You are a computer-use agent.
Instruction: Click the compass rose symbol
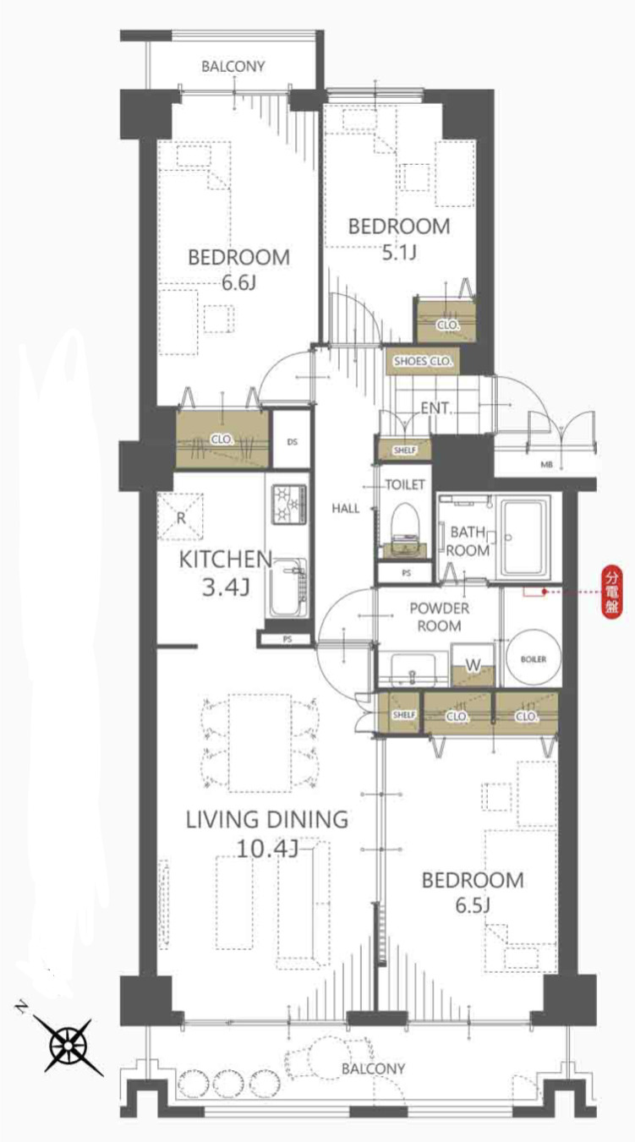click(68, 1045)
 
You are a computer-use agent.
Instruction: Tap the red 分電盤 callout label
click(611, 592)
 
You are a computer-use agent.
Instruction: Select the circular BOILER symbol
click(534, 658)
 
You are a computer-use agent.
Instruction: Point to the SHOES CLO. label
click(423, 361)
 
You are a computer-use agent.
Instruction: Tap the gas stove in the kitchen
click(290, 504)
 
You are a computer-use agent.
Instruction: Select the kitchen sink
click(287, 588)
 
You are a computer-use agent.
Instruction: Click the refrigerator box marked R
click(181, 517)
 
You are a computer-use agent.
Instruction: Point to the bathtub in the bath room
click(525, 538)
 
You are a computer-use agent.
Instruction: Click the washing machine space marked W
click(474, 664)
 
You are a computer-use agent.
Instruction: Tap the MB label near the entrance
click(546, 465)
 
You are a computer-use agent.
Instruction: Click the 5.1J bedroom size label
click(399, 253)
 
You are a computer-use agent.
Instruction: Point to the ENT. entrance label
click(436, 407)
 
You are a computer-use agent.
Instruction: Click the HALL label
click(346, 508)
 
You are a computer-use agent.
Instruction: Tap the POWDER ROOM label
click(440, 617)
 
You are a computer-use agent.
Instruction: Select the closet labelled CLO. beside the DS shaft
click(222, 439)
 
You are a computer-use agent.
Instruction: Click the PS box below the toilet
click(406, 573)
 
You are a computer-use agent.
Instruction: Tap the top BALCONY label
click(233, 66)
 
